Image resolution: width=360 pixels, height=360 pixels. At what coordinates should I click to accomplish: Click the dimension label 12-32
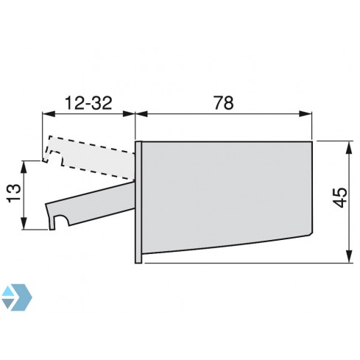88,102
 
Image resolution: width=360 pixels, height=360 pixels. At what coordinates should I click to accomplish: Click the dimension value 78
223,102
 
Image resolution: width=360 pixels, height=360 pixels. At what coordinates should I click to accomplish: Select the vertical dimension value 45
338,198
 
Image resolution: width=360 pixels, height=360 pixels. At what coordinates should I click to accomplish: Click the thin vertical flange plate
138,200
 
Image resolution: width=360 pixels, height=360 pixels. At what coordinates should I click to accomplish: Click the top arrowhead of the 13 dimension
27,165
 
